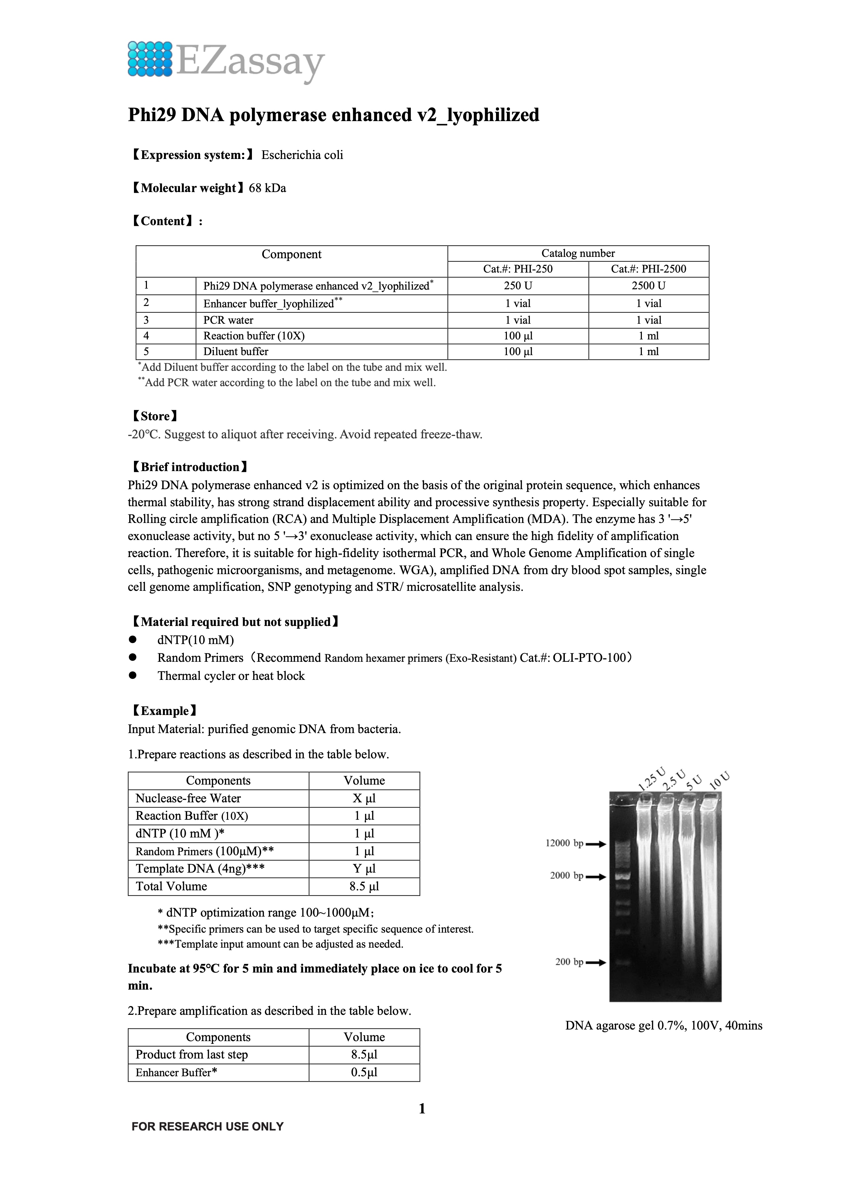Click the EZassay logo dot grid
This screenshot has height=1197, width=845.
coord(150,59)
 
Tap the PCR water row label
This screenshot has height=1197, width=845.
coord(228,320)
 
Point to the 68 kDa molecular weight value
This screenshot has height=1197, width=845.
coord(267,188)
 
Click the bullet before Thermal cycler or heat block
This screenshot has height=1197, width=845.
coord(133,675)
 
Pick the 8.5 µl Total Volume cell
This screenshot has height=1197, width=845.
coord(364,886)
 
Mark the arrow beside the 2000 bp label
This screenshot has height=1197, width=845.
coord(596,876)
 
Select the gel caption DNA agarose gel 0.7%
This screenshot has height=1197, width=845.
coord(663,1025)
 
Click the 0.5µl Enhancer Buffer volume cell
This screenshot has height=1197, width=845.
coord(364,1072)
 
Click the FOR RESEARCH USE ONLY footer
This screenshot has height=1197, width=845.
coord(207,1126)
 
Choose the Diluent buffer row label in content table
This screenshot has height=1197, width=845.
coord(236,351)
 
